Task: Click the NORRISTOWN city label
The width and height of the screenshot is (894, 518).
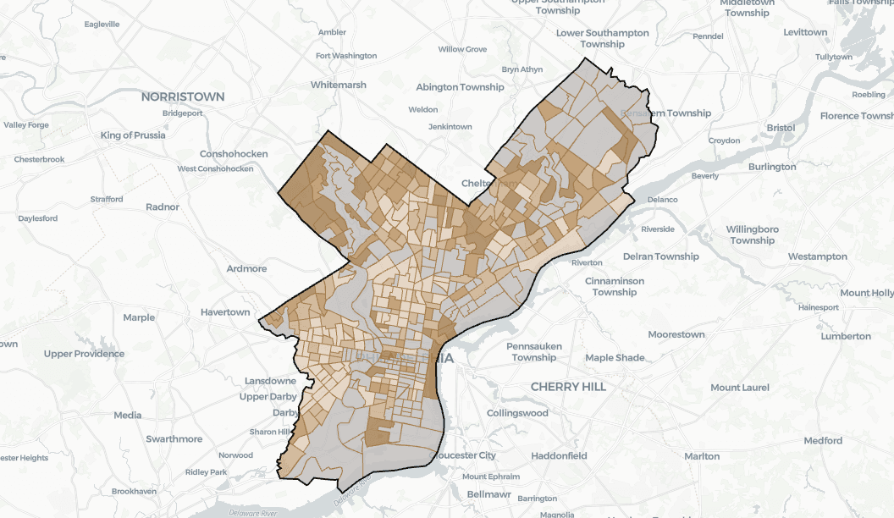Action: [x=183, y=96]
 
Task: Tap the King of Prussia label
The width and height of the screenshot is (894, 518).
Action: [x=133, y=135]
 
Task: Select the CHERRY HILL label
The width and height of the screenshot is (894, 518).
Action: [x=567, y=386]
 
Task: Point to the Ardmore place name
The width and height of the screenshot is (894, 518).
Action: [x=246, y=268]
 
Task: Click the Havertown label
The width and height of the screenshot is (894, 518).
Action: [x=225, y=312]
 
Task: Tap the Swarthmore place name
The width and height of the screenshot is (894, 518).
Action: [x=174, y=439]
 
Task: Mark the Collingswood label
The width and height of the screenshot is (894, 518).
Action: [x=517, y=413]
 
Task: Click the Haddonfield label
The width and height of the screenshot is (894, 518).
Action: [x=559, y=455]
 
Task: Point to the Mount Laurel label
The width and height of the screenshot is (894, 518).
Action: [x=740, y=388]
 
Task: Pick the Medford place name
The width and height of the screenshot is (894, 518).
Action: [x=823, y=440]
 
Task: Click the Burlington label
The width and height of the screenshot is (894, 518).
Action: [x=772, y=167]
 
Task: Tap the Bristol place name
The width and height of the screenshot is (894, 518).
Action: [x=780, y=128]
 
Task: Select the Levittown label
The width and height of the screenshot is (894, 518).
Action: [x=805, y=32]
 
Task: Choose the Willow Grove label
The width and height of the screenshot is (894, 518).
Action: [x=462, y=49]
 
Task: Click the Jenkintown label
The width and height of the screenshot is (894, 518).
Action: [x=450, y=127]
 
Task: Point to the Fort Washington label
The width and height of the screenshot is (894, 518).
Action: [x=346, y=56]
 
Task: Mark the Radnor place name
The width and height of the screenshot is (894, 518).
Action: [x=163, y=207]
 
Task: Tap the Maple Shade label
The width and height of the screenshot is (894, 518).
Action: [x=615, y=358]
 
